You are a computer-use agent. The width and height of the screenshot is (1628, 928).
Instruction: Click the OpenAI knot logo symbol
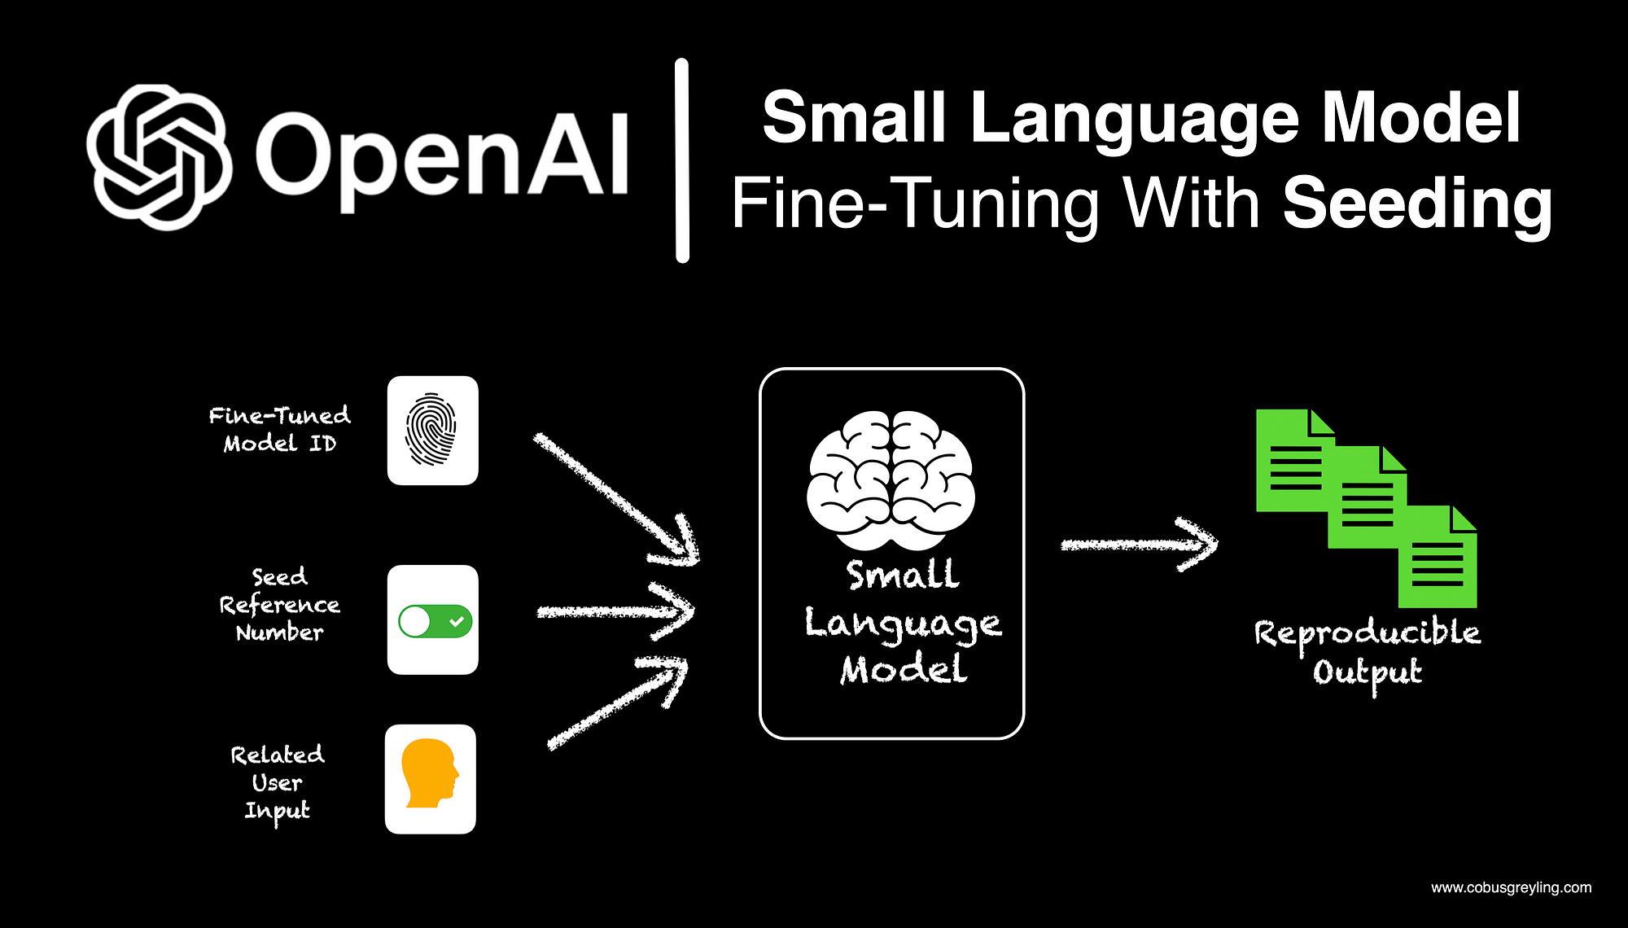[x=159, y=157]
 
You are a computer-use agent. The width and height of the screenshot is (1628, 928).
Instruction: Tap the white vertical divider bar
[x=682, y=160]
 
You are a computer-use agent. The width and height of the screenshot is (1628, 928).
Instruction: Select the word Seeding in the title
[x=1417, y=204]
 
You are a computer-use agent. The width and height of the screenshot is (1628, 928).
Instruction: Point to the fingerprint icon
[x=431, y=430]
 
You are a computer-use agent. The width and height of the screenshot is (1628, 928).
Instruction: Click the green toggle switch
[x=435, y=621]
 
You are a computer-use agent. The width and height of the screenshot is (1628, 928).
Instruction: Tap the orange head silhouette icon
[x=430, y=774]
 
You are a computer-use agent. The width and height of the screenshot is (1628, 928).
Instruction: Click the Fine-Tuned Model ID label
[x=279, y=429]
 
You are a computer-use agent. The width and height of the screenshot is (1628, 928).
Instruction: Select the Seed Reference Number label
[x=279, y=605]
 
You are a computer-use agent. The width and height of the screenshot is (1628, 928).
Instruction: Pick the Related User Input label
[x=278, y=783]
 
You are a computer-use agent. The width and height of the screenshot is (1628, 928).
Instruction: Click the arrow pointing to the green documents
[x=1140, y=545]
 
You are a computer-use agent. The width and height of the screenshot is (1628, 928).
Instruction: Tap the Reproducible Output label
[x=1367, y=651]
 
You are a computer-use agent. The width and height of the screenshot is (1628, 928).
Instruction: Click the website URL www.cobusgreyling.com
[x=1511, y=887]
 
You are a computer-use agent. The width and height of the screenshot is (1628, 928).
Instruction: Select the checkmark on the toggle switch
[x=457, y=621]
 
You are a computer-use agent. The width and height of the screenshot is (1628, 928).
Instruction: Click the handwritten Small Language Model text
[x=903, y=623]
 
